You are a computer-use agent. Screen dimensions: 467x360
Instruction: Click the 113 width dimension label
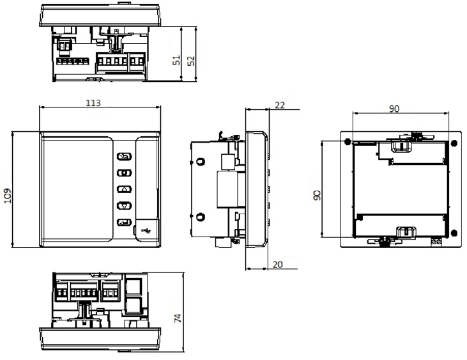[93, 103]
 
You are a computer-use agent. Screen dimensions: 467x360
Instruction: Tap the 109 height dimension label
[7, 196]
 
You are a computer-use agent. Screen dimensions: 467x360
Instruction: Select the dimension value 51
[177, 60]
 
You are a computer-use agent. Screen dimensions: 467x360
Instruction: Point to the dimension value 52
[192, 61]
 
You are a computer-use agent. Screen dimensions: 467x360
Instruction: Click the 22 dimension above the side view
[280, 105]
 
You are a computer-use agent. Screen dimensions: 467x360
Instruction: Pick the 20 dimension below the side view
[277, 264]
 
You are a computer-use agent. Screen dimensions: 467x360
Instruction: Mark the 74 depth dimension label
[178, 318]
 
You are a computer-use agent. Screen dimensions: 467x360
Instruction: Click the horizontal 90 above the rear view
[394, 109]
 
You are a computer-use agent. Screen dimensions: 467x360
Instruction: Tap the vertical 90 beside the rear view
[318, 196]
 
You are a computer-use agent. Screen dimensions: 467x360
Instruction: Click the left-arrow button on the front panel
[124, 173]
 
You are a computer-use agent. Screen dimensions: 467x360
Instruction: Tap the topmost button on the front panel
[124, 156]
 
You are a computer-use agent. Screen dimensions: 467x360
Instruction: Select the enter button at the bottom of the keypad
[124, 223]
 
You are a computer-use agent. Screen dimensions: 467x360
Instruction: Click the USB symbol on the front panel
[147, 230]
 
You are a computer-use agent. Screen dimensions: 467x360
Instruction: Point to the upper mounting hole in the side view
[201, 162]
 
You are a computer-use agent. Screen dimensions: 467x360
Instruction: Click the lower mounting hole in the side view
[201, 217]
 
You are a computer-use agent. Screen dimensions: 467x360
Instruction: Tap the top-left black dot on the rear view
[348, 142]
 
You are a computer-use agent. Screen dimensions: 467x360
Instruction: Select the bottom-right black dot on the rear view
[454, 233]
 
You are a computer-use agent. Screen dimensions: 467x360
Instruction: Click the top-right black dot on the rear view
[454, 143]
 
